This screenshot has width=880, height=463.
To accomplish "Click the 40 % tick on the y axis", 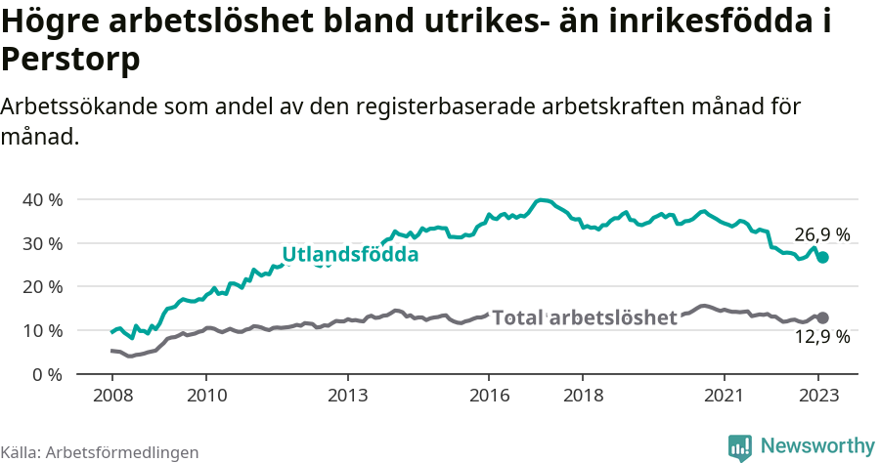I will point(42,199).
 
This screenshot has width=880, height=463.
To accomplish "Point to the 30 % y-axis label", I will point(42,243).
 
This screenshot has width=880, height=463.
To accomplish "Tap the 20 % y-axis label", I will point(42,286).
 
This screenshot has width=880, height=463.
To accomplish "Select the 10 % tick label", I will point(42,330).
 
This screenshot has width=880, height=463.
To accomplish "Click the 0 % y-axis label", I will point(47,374).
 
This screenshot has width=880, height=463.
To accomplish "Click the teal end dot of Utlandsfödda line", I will point(823,257).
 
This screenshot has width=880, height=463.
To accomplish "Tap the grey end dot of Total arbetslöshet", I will point(823,317).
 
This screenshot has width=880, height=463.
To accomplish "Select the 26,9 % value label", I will point(821,234).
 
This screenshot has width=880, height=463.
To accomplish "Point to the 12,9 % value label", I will point(821,338).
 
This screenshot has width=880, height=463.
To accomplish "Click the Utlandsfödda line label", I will point(350,255).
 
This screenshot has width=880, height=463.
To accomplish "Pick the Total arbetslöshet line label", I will point(585,317).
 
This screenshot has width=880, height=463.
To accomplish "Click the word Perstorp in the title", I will point(70,61).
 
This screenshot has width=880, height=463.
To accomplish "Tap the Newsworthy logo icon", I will point(740,446).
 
